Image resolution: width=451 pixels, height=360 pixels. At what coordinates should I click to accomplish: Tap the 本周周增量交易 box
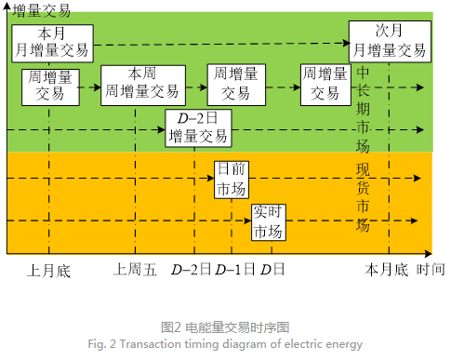[x=139, y=83]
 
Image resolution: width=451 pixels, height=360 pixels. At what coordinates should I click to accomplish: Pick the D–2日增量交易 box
[x=197, y=127]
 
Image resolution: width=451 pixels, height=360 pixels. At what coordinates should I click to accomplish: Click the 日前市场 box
[x=232, y=179]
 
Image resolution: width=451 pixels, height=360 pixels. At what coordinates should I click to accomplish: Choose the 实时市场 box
[x=269, y=221]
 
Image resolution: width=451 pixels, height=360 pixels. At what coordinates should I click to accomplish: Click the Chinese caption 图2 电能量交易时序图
[x=225, y=327]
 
